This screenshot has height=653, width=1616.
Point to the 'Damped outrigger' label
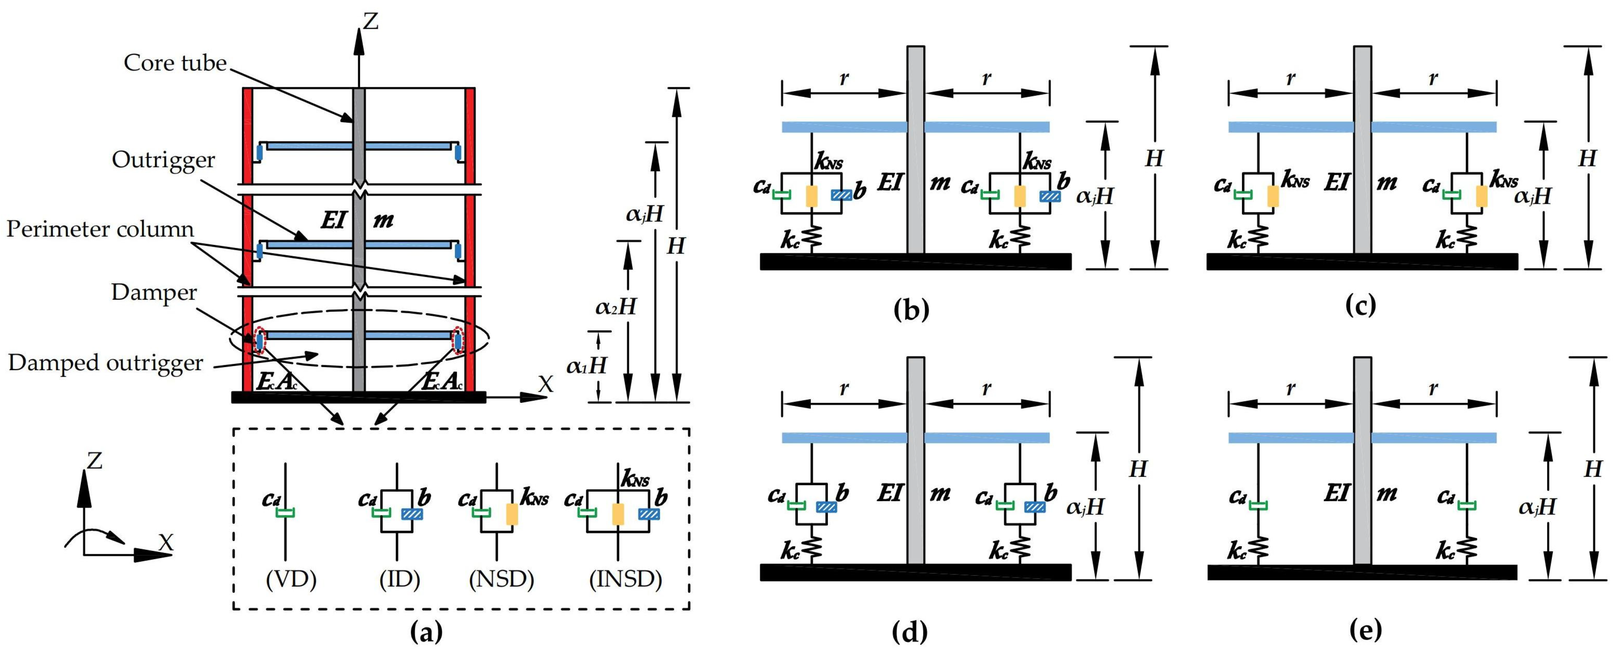coord(106,363)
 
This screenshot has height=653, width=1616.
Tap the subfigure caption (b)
coord(911,310)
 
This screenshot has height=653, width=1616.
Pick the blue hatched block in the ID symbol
coord(412,514)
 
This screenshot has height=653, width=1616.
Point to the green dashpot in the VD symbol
coord(286,513)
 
